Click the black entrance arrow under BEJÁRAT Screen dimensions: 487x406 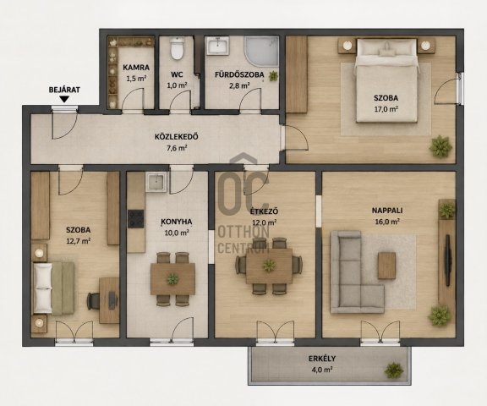[x=64, y=100]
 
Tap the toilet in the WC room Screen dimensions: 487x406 [x=177, y=48]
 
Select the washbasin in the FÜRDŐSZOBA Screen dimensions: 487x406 [x=218, y=46]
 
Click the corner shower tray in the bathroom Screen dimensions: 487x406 [x=261, y=52]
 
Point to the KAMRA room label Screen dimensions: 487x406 [x=136, y=67]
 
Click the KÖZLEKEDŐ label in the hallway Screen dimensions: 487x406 [x=177, y=137]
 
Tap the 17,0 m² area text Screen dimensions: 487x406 [x=386, y=109]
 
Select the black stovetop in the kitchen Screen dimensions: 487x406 [x=136, y=219]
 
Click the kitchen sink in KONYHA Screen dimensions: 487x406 [x=156, y=182]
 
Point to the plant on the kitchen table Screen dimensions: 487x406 [x=172, y=279]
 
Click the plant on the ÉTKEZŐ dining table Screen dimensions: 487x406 [x=269, y=266]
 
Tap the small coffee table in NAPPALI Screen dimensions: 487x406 [x=386, y=266]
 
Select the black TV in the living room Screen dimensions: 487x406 [x=447, y=261]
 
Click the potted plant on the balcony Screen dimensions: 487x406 [x=394, y=370]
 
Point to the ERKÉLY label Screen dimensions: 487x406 [x=322, y=359]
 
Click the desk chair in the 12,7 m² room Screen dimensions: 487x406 [x=93, y=301]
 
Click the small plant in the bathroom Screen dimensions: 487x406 [x=273, y=76]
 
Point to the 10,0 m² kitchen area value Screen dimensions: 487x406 [x=177, y=233]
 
